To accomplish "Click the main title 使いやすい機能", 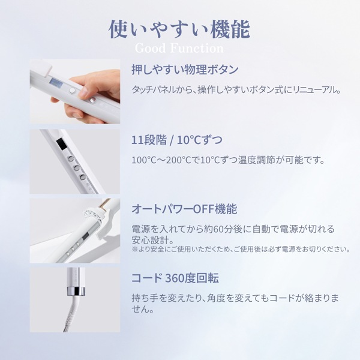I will point(179,28).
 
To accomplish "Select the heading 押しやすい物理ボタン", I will point(184,70).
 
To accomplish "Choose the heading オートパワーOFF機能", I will point(184,209).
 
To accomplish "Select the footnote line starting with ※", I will point(240,249).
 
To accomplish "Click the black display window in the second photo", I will point(61,145).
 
